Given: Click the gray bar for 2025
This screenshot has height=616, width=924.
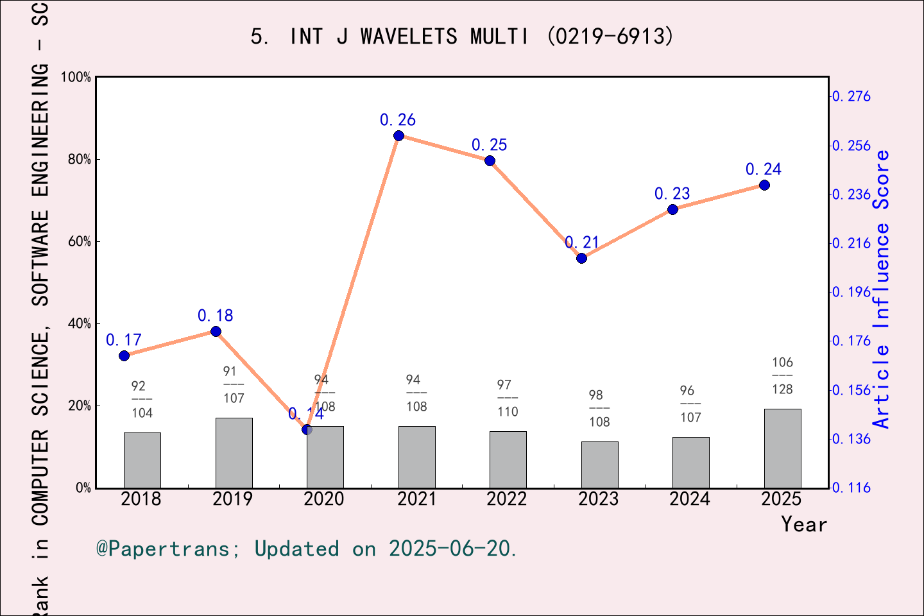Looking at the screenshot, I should (782, 448).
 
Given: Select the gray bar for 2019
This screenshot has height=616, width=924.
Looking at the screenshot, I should (234, 452).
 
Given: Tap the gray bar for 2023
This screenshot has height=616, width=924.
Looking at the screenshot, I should (599, 465).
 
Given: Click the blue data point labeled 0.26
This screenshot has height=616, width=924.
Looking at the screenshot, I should (398, 135).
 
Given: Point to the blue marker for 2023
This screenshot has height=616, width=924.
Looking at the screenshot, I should (581, 258).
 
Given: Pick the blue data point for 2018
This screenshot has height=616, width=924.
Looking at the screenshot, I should (124, 355).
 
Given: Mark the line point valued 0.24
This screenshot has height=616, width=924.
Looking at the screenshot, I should (764, 185).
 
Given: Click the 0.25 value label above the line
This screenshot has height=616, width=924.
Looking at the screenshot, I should (489, 145).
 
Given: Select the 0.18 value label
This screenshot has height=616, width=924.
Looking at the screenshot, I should (215, 316).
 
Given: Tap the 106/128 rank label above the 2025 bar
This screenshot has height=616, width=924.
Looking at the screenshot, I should (782, 376).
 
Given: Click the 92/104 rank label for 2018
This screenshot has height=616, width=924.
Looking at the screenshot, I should (142, 399).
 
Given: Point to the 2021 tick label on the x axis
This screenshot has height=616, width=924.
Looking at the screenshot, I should (416, 499).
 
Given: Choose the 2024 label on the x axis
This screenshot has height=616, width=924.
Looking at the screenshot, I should (690, 499).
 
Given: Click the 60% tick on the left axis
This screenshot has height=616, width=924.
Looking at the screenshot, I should (80, 242).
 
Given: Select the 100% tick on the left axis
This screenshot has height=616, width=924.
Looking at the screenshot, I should (76, 77).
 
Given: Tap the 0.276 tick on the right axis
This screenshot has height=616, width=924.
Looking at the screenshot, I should (851, 96).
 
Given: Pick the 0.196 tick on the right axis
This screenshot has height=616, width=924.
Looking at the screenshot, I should (851, 292).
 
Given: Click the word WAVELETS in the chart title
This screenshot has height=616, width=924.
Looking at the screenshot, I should (409, 37).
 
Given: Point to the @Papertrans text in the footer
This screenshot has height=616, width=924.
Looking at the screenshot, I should (163, 549).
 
